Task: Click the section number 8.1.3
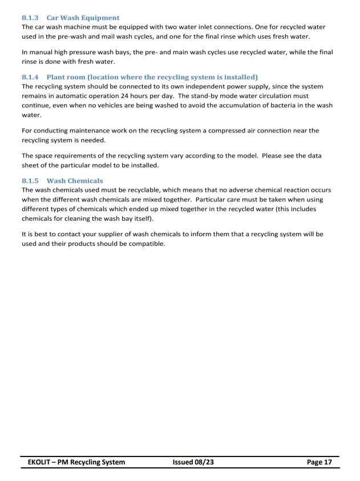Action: [x=29, y=18]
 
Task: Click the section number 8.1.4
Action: [x=29, y=76]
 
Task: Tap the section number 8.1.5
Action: [x=29, y=180]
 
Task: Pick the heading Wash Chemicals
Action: [x=75, y=180]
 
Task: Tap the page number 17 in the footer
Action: [x=327, y=462]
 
